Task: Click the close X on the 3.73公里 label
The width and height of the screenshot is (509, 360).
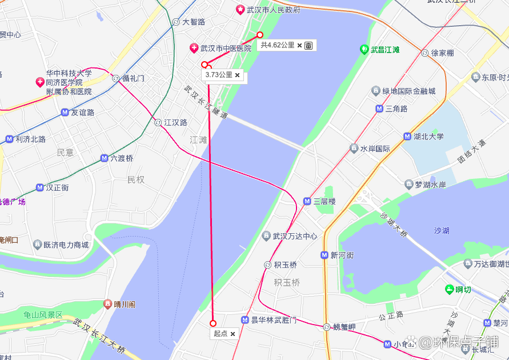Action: [238, 75]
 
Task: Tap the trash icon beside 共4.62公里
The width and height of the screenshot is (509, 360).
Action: [308, 45]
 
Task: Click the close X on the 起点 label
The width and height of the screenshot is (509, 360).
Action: [233, 334]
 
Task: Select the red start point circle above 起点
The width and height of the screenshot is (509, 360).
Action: [213, 323]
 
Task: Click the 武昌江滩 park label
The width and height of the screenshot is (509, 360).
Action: [385, 50]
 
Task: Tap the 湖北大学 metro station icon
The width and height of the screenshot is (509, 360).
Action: [407, 137]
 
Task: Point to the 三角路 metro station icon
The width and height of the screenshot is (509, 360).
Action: [379, 109]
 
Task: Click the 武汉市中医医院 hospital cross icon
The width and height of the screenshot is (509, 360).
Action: [194, 48]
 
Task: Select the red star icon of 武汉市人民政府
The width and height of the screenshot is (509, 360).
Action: [241, 10]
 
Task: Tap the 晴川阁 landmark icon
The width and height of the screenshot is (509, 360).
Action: [107, 304]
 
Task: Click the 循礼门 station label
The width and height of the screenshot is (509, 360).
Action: [133, 78]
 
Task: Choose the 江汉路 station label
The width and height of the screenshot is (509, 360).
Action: [175, 122]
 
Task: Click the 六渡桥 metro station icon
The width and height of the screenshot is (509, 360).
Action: [104, 158]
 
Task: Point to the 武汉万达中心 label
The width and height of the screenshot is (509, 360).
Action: [295, 236]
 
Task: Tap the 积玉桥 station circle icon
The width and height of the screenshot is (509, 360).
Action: [267, 265]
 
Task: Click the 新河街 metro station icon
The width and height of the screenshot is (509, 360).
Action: [324, 255]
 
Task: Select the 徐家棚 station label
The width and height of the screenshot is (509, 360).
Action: [442, 53]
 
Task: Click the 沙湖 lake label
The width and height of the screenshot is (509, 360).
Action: [442, 231]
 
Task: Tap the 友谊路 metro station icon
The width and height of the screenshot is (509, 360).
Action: [65, 113]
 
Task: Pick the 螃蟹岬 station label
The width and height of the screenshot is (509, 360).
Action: [344, 327]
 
